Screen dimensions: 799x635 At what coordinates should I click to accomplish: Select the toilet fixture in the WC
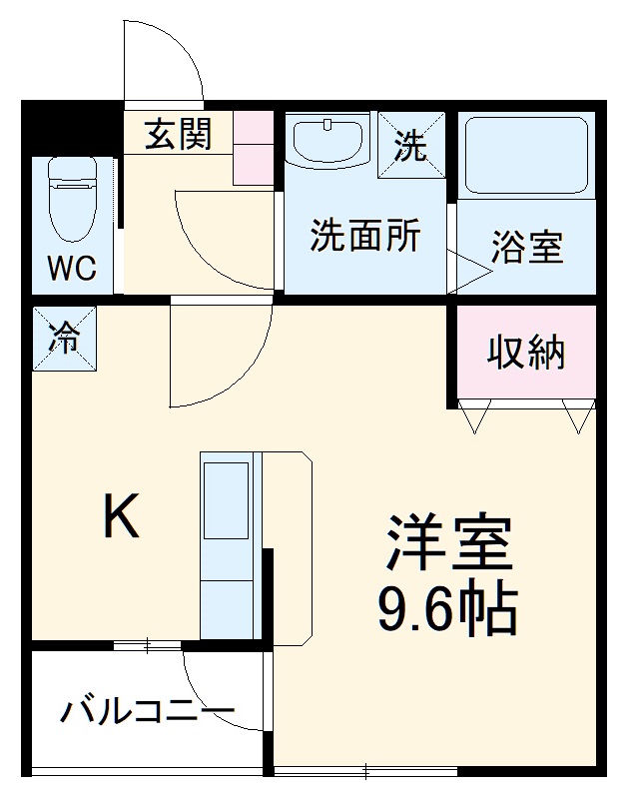72,200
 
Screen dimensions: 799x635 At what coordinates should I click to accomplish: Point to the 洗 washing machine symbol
409,148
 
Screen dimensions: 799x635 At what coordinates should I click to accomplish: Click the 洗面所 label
364,236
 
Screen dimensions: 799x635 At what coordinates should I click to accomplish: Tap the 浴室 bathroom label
527,247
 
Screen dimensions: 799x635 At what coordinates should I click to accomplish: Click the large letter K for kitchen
122,517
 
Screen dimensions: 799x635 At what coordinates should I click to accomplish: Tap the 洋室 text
449,544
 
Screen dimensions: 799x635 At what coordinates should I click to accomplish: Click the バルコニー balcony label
147,712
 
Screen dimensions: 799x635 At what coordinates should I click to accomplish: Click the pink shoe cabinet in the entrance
254,147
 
